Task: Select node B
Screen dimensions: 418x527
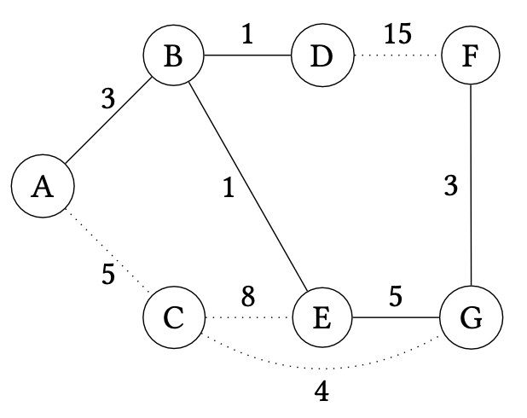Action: [174, 58]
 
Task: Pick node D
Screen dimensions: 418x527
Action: [321, 58]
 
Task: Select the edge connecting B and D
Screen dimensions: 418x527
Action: [247, 58]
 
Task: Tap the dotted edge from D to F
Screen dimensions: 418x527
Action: [396, 58]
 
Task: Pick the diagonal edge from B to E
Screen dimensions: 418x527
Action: [247, 189]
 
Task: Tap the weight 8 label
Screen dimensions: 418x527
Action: [247, 297]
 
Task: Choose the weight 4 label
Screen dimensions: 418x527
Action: [321, 392]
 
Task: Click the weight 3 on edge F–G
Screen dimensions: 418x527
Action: [451, 185]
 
